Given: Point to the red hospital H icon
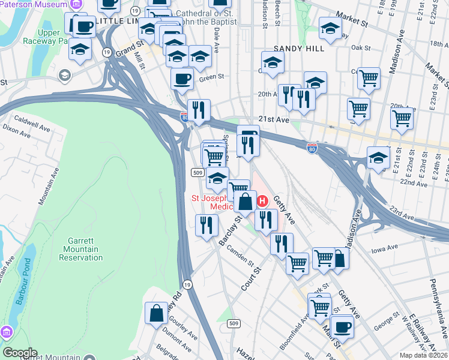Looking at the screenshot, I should [262, 200].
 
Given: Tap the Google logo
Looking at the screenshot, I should [20, 353].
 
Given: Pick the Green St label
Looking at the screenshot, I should [211, 77].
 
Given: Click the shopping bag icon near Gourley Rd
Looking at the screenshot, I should [156, 313].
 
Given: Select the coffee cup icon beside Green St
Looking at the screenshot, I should [182, 79].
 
